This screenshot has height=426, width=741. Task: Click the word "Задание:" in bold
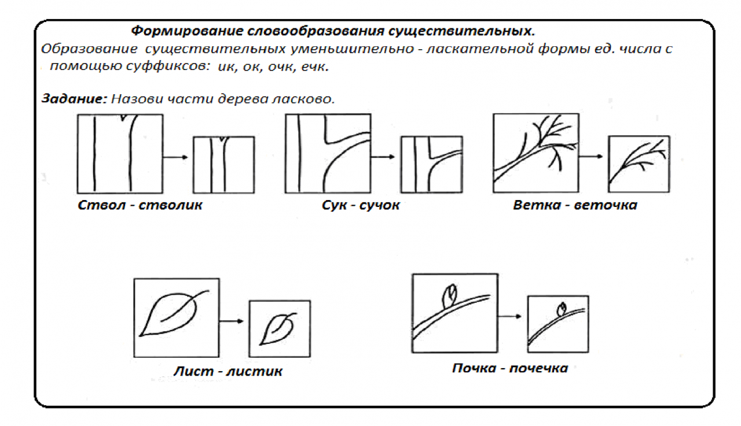point(74,99)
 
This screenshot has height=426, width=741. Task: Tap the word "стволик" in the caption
point(170,205)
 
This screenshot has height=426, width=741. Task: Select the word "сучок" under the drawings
point(379,205)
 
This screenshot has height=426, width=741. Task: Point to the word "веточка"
point(606,205)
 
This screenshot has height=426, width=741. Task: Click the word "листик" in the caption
point(254,372)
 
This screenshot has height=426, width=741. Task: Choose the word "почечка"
point(538,368)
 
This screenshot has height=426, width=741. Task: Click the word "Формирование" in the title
point(187,31)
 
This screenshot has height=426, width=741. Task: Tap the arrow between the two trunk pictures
point(175,157)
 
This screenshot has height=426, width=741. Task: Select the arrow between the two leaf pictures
point(231,321)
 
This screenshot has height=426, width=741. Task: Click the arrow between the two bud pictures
point(509,316)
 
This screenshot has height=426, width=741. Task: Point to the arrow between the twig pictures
point(591,156)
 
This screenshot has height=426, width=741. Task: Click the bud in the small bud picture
point(561,309)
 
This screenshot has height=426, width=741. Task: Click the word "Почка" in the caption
point(474,368)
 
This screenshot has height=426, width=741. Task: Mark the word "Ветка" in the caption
point(537,205)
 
